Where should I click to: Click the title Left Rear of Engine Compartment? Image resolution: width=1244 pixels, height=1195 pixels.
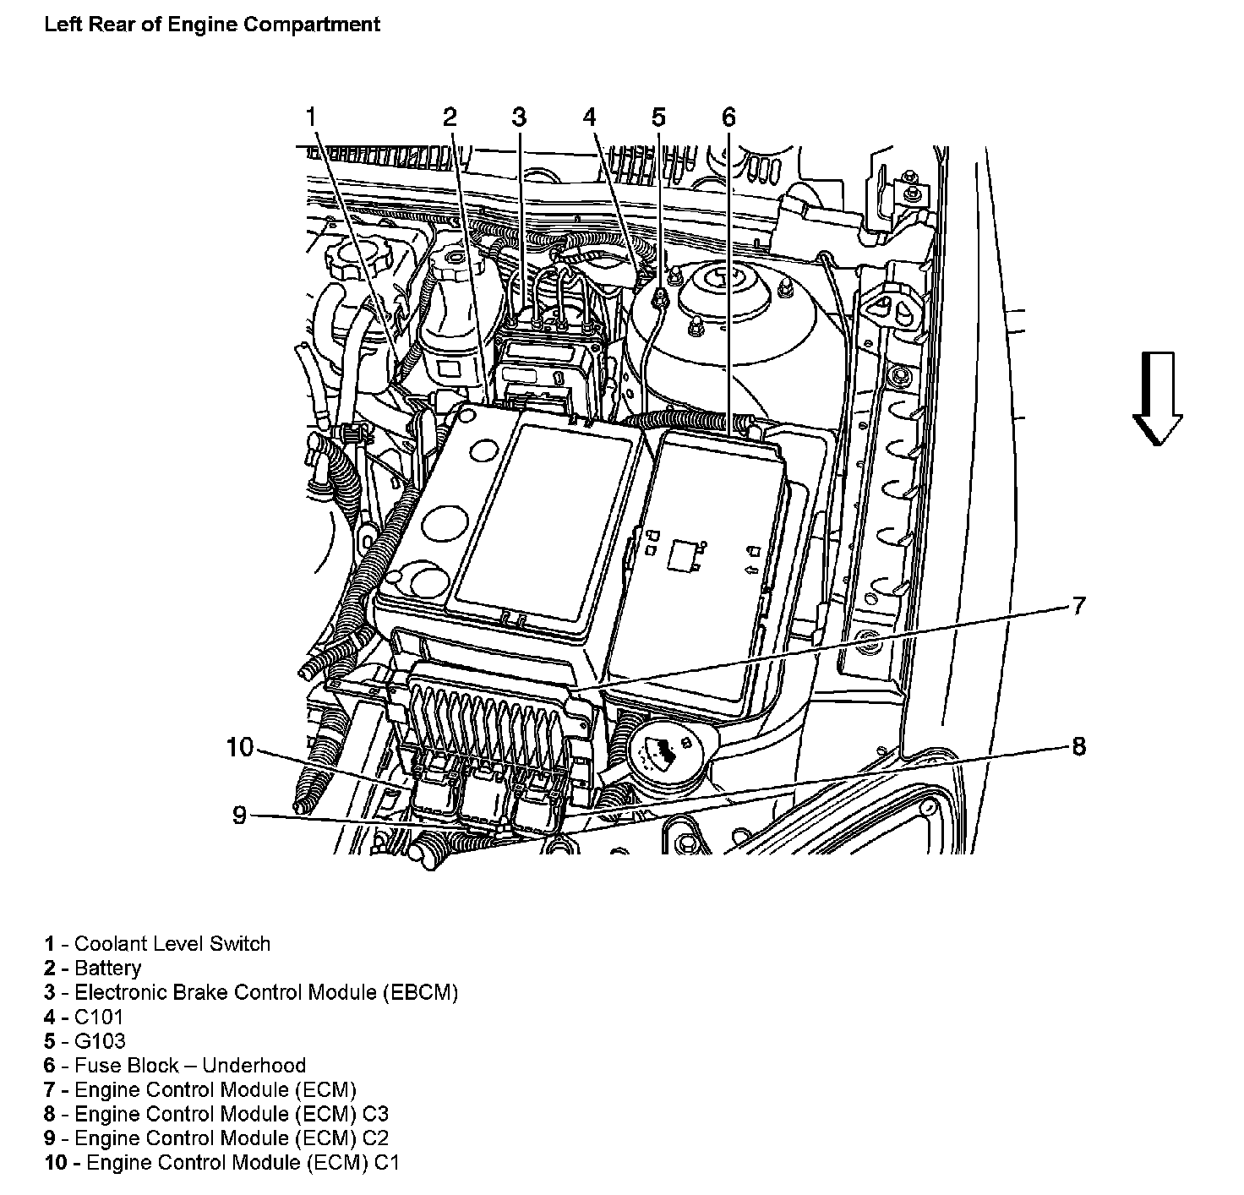(x=212, y=24)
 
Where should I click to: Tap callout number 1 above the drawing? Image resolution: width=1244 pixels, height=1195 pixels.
(x=312, y=117)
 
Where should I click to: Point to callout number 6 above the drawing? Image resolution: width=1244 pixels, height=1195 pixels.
(x=728, y=117)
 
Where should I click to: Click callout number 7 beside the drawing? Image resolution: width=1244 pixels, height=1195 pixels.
(x=1078, y=606)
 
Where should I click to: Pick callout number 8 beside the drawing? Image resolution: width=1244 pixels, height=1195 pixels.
(x=1078, y=746)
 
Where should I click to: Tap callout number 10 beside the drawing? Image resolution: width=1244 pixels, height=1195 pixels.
(x=240, y=747)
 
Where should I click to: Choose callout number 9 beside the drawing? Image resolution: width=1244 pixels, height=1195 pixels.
(x=240, y=816)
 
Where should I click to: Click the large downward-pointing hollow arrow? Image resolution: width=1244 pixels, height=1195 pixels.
(x=1156, y=398)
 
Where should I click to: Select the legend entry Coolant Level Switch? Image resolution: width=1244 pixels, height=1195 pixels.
(x=172, y=944)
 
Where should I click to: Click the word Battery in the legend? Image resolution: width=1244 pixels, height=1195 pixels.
(x=107, y=969)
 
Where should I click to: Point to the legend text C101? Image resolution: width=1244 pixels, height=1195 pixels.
(x=99, y=1017)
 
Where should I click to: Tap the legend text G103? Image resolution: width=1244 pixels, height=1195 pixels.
(x=100, y=1041)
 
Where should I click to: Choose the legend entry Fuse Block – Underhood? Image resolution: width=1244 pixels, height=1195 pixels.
(x=190, y=1066)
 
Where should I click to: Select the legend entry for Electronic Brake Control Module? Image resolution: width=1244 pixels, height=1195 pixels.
(x=266, y=992)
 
